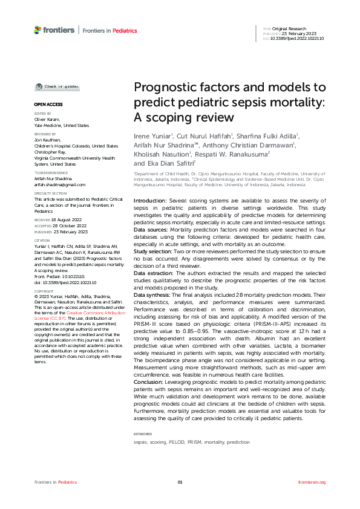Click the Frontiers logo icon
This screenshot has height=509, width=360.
[38, 30]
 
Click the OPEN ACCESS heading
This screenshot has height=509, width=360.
[45, 105]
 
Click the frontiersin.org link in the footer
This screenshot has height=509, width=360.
[312, 482]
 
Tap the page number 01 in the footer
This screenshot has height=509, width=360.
[180, 482]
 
